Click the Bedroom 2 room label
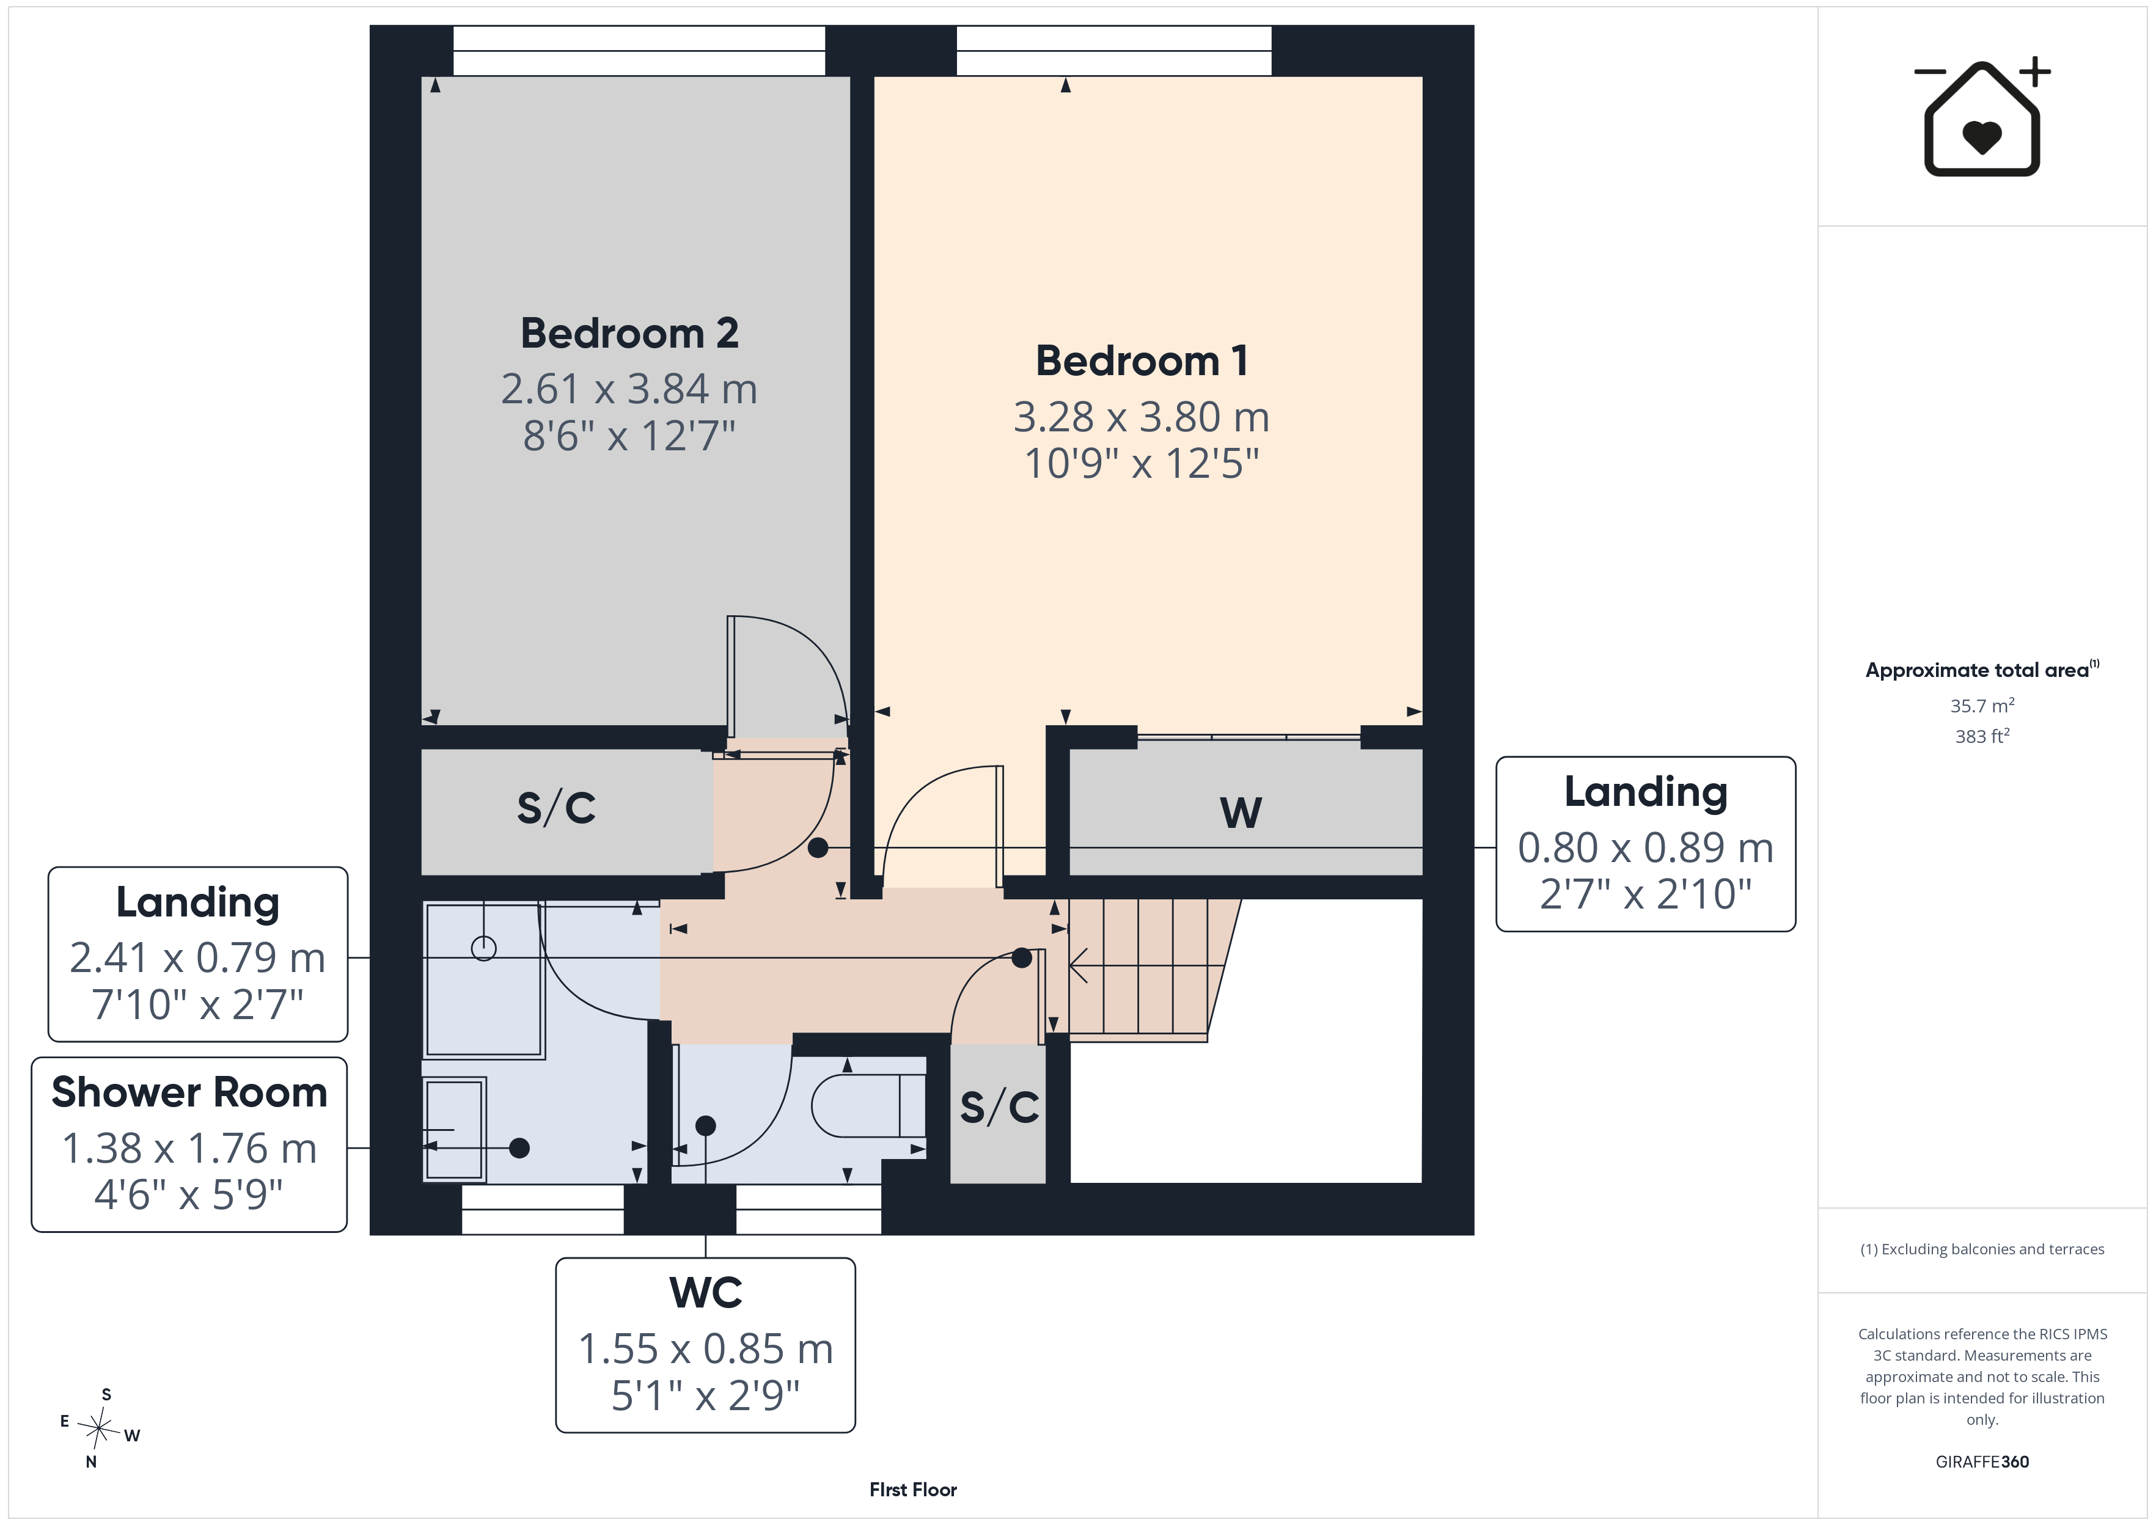[x=629, y=334]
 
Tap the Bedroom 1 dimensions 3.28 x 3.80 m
[x=1141, y=417]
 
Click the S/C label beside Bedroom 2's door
[x=556, y=808]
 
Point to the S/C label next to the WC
[x=999, y=1107]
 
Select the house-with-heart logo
[x=1981, y=117]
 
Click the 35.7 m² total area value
[x=1981, y=705]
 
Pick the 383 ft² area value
[x=1981, y=736]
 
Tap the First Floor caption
[x=913, y=1490]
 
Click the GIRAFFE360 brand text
[x=1981, y=1461]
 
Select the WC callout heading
[x=705, y=1293]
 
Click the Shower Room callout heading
[x=189, y=1092]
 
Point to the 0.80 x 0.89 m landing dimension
[x=1645, y=848]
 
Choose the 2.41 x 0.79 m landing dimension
[x=197, y=958]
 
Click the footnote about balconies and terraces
[x=1981, y=1249]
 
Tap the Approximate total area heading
[x=1981, y=670]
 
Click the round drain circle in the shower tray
[x=483, y=948]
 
